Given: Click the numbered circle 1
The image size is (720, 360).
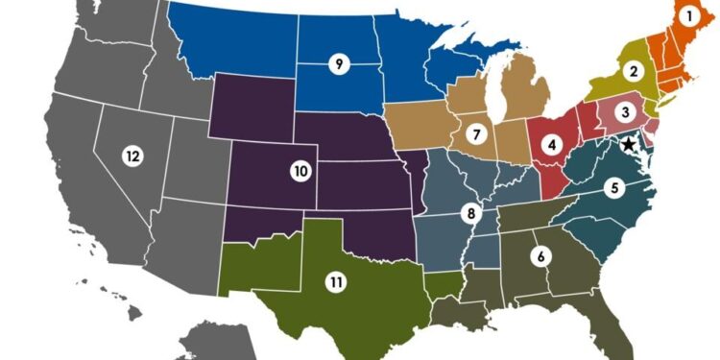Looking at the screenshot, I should [686, 15].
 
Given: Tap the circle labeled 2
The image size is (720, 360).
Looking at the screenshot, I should [633, 70].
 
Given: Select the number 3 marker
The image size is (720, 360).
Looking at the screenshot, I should [625, 112].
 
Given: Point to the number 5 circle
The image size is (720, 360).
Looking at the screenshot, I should [614, 188].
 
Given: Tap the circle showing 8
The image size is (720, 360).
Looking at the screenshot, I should [470, 212].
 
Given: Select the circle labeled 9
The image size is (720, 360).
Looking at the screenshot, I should [338, 64].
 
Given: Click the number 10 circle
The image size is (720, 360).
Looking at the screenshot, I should [300, 171].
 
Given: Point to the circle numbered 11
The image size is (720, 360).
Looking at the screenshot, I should [336, 282].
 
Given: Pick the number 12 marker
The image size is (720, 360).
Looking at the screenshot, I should [132, 155].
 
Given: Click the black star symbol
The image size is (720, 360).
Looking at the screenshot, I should [628, 144].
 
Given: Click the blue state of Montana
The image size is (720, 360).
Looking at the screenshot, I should [230, 43].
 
